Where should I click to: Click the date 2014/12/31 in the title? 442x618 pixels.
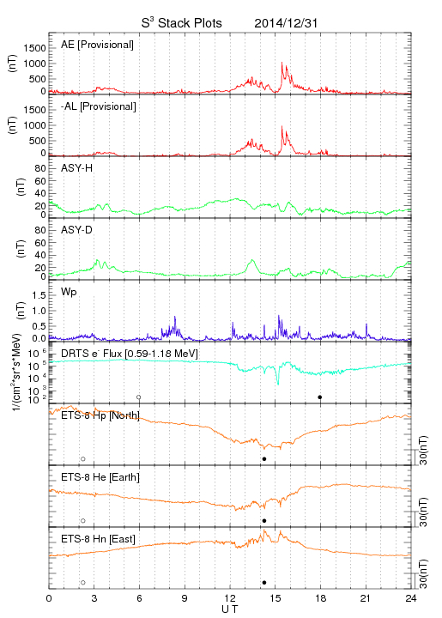point(286,23)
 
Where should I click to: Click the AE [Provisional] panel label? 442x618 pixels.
point(97,45)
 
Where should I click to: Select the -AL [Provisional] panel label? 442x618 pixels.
point(99,106)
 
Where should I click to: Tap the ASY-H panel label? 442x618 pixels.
point(77,168)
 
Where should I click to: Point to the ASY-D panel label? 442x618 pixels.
point(77,230)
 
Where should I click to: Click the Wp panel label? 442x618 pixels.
point(69,293)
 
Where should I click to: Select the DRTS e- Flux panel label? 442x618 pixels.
point(130,353)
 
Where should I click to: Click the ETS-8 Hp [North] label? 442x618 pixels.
point(100,415)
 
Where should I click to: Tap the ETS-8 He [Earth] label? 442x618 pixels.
point(100,477)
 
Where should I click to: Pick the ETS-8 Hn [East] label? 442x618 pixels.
point(98,539)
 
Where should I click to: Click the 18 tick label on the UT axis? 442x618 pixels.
point(321,599)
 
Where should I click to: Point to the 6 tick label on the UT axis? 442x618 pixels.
point(139,599)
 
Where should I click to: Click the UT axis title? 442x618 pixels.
point(230,609)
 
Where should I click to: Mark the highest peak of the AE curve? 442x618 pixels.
point(282,63)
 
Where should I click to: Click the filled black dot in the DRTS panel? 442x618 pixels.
point(320,397)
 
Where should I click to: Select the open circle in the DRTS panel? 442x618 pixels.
point(139,397)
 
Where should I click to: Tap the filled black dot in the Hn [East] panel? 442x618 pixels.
point(264,583)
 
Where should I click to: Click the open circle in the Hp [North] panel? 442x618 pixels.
point(83,459)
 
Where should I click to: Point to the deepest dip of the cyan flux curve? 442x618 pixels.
point(278,385)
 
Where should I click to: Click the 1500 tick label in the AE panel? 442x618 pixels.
point(34,48)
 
